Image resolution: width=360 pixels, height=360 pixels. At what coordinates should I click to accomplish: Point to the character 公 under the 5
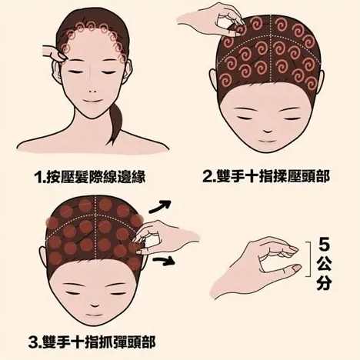tap(324, 265)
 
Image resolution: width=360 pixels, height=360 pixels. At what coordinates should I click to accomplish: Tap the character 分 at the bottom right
tap(324, 283)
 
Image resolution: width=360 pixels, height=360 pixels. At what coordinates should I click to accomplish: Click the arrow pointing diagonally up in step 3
tap(159, 206)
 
